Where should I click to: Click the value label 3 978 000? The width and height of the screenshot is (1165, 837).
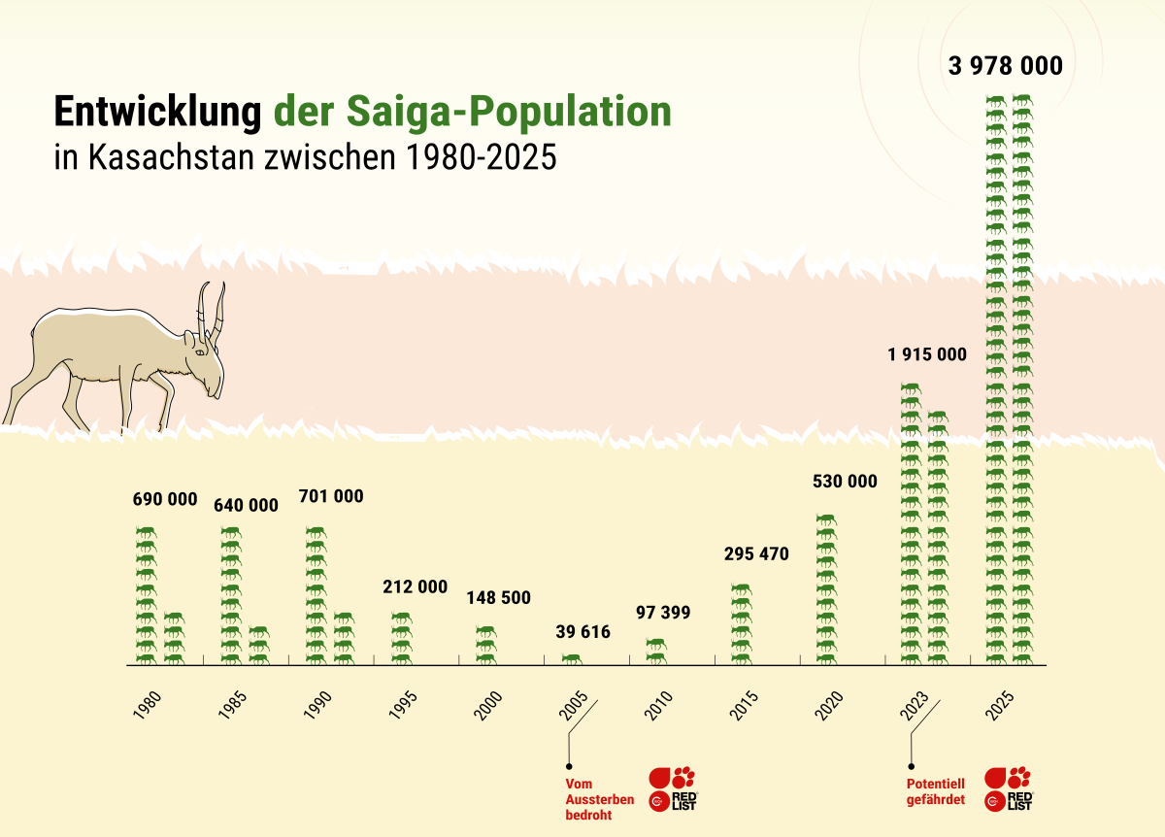coord(1006,67)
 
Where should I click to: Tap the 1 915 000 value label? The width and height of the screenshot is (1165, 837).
coord(926,354)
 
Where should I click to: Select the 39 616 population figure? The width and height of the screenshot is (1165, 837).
coord(582,632)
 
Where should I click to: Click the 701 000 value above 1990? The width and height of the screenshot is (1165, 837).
coord(331,496)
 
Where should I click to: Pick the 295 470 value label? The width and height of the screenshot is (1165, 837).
coord(756,554)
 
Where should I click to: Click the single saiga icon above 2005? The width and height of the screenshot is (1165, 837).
coord(573,658)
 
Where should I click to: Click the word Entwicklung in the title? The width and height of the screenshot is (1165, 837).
coord(157,112)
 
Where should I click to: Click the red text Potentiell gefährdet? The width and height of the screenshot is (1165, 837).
coord(935,791)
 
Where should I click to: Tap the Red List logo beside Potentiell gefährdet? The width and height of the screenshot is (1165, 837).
coord(1008,788)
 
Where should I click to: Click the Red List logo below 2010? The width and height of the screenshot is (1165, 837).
coord(673,788)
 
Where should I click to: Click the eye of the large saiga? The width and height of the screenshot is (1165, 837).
coord(200,352)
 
